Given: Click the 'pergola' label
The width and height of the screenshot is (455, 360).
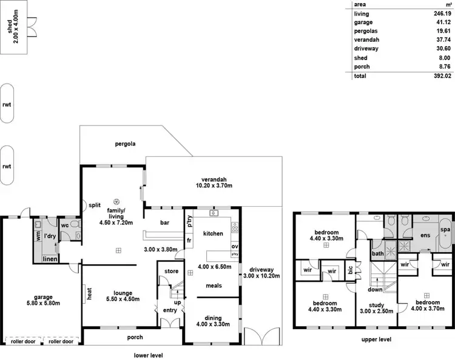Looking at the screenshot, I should tap(125, 144).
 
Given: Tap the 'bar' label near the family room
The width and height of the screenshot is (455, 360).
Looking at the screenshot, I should tap(164, 222).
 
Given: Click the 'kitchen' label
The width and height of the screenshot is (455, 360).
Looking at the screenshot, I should tap(213, 233).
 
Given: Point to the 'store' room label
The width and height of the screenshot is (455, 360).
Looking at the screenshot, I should tap(172, 271).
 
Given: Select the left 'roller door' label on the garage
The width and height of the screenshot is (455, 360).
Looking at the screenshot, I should tap(21, 341).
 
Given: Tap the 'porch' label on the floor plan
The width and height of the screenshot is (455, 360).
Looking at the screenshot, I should tap(135, 338).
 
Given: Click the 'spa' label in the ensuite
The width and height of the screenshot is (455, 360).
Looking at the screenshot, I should tap(445, 230).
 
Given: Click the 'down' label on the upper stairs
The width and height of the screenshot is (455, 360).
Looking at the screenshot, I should tap(376, 289).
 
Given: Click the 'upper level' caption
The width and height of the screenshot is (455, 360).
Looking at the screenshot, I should tap(376, 339).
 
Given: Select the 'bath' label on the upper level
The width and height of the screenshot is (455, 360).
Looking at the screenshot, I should tap(377, 254).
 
